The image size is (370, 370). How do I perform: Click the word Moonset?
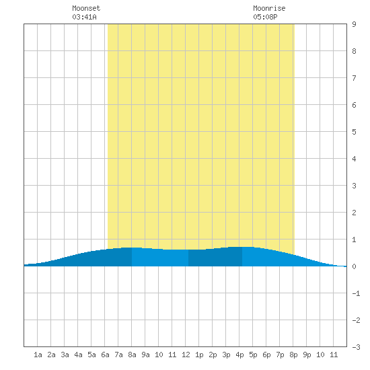tap(86, 8)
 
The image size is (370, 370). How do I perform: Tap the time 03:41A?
tap(84, 17)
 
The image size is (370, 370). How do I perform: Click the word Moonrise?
tap(269, 8)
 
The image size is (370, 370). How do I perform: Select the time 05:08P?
tap(265, 17)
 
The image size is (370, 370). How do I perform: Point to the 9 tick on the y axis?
tap(354, 24)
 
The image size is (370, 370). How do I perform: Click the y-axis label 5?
tap(354, 132)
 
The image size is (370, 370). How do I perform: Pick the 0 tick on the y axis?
tap(354, 266)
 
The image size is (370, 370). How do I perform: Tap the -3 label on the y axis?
tap(356, 347)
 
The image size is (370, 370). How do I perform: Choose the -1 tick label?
tap(356, 293)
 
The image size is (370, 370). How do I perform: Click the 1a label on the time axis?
tap(38, 355)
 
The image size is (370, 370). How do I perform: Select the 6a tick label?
tap(105, 355)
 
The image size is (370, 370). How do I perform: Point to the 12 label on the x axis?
tap(186, 355)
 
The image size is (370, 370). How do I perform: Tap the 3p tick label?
tap(226, 355)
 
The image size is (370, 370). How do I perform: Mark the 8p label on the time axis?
tap(293, 355)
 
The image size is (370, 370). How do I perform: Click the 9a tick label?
tap(145, 355)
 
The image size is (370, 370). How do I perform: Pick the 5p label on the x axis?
tap(253, 355)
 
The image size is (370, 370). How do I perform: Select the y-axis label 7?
tap(354, 78)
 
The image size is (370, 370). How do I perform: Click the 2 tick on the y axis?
tap(354, 213)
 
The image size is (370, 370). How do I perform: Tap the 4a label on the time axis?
tap(78, 355)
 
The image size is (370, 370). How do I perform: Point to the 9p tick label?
tap(307, 355)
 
